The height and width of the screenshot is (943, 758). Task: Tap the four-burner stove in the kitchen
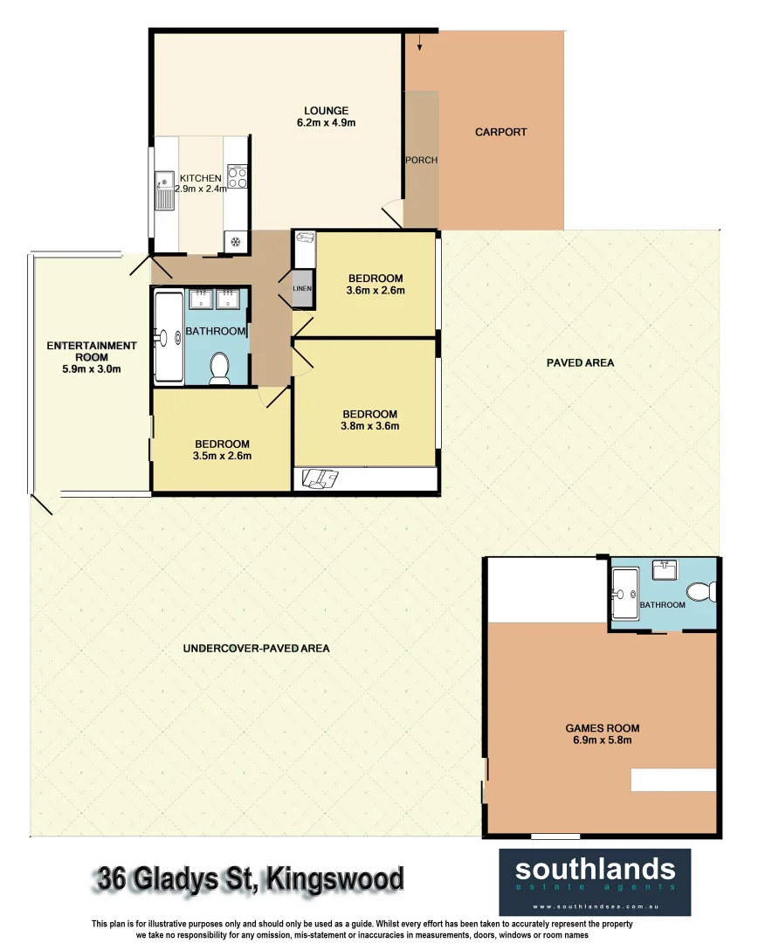coord(237,176)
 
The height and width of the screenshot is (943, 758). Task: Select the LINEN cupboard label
coord(302,287)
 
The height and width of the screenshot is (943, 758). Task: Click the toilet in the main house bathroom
coord(219,368)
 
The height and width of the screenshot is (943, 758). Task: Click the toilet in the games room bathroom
coord(701,593)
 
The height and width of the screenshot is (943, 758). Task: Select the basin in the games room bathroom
coord(666,570)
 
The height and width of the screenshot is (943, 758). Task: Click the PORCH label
coord(421,160)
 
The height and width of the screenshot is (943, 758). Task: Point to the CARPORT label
coord(500,132)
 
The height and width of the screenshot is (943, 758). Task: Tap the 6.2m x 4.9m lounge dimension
coord(326,123)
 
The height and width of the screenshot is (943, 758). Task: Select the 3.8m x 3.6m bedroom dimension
coord(369,426)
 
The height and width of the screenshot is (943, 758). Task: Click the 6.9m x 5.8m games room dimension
coord(602,740)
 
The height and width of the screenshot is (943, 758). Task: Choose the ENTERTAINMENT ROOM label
coord(91,351)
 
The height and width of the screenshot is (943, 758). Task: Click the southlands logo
coord(595,877)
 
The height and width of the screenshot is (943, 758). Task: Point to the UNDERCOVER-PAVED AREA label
coord(256,649)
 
